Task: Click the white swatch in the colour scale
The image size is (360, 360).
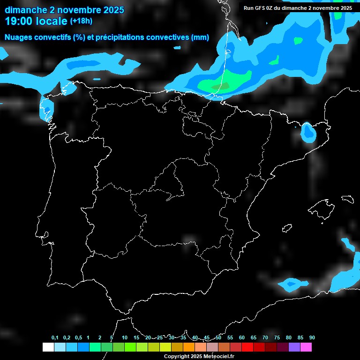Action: point(48,347)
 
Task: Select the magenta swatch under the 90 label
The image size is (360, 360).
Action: point(306,347)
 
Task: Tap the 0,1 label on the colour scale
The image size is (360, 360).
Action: point(55,338)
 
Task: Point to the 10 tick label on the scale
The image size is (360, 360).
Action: point(124,338)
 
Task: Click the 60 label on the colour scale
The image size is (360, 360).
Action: point(242,338)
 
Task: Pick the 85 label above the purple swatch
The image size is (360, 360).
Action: point(300,338)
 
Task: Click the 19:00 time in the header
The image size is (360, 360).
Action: point(19,21)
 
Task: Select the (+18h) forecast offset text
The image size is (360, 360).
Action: point(81,21)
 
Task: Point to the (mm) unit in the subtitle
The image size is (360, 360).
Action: point(200,37)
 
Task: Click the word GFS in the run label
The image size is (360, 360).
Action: point(260,8)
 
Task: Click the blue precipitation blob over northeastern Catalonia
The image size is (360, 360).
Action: point(308,132)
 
